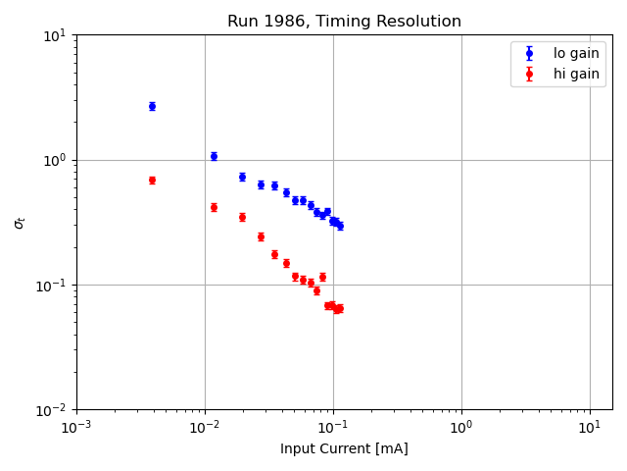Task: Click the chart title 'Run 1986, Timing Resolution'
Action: click(344, 22)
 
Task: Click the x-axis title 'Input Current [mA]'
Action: click(344, 448)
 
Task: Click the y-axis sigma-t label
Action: click(19, 223)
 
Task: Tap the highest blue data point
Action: click(152, 106)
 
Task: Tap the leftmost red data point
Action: click(152, 181)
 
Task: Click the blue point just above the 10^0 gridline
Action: click(214, 156)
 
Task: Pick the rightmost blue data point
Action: click(340, 226)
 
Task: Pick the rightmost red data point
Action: click(340, 308)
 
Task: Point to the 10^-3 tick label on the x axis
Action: click(76, 428)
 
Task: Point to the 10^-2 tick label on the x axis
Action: click(204, 428)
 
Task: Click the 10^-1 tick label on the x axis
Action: click(332, 428)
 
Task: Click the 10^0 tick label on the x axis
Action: click(460, 428)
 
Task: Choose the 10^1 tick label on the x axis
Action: click(589, 428)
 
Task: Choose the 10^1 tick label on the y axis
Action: click(54, 35)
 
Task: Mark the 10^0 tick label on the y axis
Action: click(54, 160)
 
